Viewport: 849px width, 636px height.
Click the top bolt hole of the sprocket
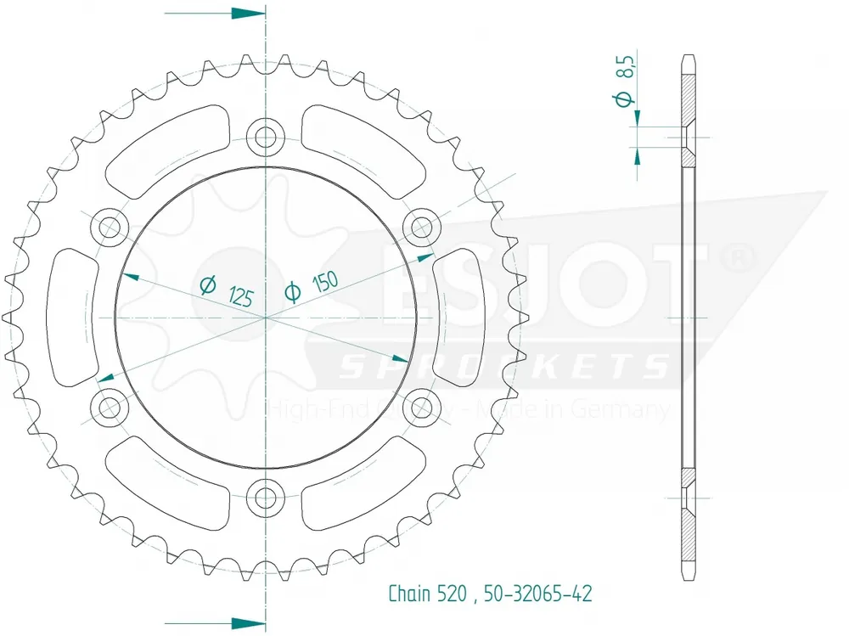266,136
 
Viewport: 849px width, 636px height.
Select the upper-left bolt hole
110,226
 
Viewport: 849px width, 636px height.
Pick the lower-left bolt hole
110,405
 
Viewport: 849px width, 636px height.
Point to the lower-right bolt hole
420,405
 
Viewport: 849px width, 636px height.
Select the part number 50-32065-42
537,594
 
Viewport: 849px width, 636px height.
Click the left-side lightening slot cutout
71,316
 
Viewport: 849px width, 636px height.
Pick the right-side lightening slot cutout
458,316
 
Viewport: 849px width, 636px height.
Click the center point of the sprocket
266,317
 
